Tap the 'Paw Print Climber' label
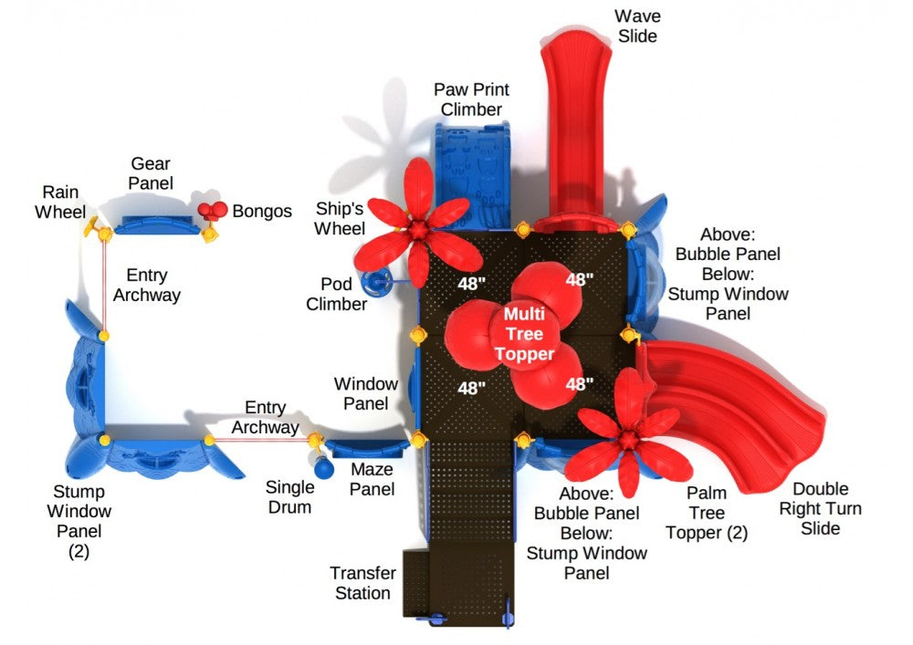point(471,100)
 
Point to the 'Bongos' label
point(262,212)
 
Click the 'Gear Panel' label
point(151,173)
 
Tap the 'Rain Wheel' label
point(58,203)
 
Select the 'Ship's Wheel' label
point(340,218)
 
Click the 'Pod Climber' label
point(336,294)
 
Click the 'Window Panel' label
point(366,393)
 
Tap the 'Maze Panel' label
point(373,480)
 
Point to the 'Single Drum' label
point(289,497)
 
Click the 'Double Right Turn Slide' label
point(819,509)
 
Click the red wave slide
point(574,119)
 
